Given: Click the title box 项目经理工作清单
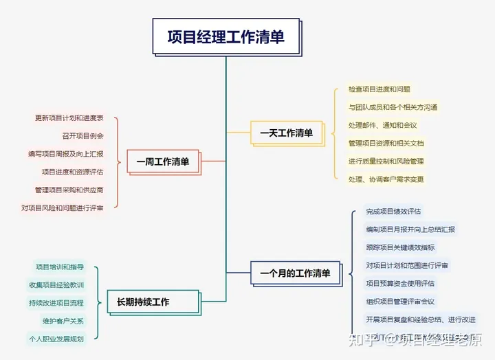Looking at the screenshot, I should point(225,36).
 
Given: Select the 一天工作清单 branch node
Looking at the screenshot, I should point(286,133).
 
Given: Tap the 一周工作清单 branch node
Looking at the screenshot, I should point(162,162).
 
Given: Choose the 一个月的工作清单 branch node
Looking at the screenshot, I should point(295,273).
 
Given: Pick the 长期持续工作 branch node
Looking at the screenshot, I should point(143,302).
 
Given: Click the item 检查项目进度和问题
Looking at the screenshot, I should point(379,89).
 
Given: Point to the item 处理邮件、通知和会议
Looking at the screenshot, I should point(382,125).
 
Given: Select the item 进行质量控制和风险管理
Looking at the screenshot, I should point(386,161).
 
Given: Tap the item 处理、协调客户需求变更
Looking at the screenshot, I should point(386,179).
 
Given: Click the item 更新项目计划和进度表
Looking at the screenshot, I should point(69,117).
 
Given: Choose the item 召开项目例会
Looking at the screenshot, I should point(83,135).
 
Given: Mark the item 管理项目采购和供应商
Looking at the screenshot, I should point(69,190).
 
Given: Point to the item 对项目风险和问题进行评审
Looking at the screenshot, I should point(63,207).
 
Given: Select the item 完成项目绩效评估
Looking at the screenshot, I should point(393,211).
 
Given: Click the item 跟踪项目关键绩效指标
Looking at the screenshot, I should point(400,247).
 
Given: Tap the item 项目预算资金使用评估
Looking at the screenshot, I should point(400,283).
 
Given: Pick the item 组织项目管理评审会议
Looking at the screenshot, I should point(400,301).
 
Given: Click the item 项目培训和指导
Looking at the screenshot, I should point(60,267).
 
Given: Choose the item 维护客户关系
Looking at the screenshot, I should point(63,321).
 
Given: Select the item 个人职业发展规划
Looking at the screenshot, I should point(56,339).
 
